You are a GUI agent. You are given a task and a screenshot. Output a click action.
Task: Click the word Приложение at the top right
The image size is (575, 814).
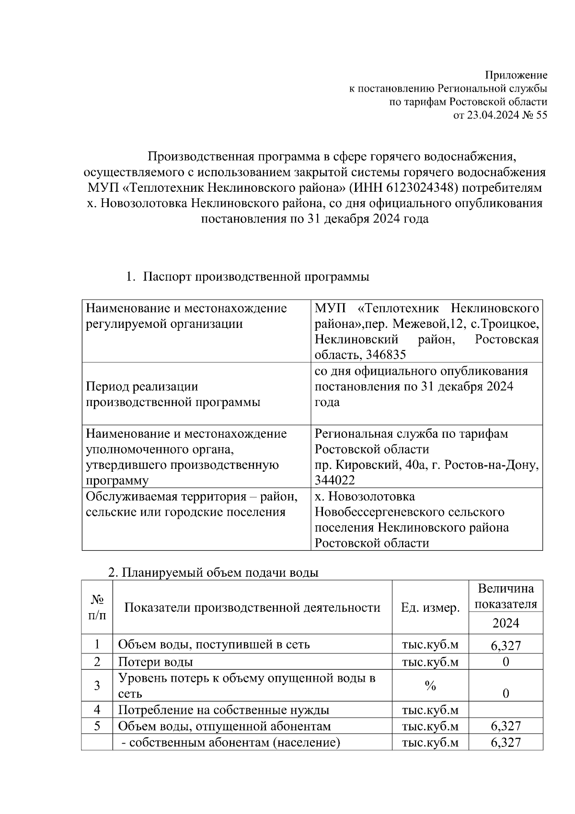point(516,75)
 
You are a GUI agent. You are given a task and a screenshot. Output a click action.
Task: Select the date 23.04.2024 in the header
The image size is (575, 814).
point(493,115)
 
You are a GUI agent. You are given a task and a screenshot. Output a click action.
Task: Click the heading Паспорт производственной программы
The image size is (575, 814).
point(256,277)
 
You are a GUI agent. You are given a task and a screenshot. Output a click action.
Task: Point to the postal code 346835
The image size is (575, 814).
point(386,355)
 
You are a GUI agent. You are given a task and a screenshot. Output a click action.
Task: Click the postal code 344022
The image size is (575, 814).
point(334,480)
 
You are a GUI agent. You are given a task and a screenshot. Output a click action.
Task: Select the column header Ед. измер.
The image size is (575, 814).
point(430,608)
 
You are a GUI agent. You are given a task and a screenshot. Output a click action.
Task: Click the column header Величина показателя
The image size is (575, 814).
point(506,596)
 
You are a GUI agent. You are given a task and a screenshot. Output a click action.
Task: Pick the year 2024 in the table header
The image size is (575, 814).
point(506,623)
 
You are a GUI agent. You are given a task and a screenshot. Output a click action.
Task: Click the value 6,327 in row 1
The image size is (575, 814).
point(506,645)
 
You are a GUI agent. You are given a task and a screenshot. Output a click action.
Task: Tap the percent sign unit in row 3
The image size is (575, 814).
point(430,686)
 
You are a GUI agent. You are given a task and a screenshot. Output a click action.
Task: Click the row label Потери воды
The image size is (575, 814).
point(156,662)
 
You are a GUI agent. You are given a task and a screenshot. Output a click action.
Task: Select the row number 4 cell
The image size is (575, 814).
point(97,709)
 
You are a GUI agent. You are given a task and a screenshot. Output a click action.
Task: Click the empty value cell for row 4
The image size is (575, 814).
point(506,709)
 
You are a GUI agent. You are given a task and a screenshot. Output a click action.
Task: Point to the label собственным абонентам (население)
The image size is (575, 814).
point(231,743)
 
